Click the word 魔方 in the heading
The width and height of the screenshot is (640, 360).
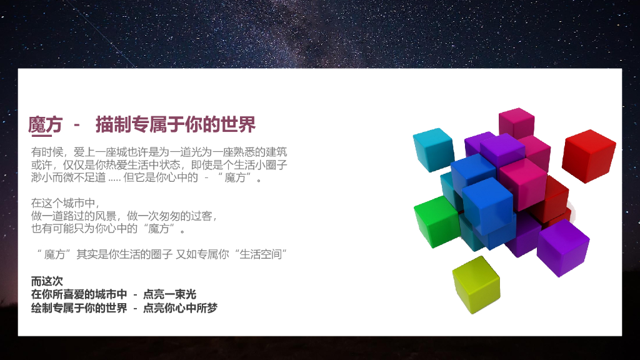[45, 124]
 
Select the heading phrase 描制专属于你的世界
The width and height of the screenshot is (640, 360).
[176, 124]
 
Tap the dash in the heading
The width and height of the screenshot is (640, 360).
[77, 124]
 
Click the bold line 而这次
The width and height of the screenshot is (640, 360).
[47, 281]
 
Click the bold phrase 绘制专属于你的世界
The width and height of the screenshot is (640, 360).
[79, 307]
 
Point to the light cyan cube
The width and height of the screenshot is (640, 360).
[433, 149]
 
